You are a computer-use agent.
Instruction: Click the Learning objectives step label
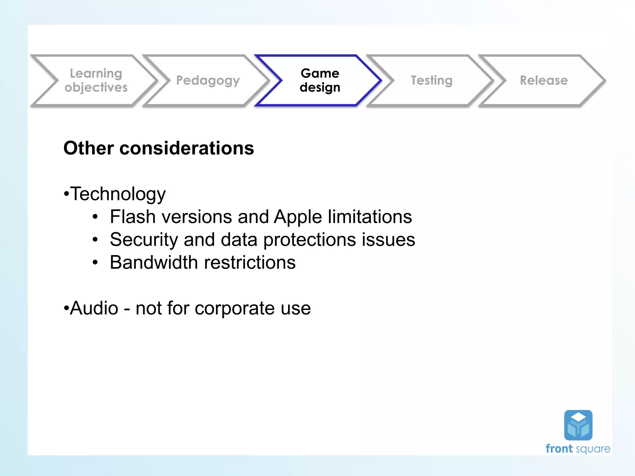point(96,80)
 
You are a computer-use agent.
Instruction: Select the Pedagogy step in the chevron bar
point(208,81)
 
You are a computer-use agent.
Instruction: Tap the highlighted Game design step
point(320,80)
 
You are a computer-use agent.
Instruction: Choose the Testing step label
point(432,80)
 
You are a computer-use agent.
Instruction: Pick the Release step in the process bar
point(544,80)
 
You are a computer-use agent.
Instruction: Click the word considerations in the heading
point(187,148)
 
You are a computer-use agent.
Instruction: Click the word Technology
point(118,194)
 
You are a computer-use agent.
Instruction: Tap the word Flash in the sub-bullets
point(133,217)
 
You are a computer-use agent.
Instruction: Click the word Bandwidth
point(154,262)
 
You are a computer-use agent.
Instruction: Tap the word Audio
point(94,308)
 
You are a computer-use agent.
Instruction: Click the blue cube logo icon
point(578,425)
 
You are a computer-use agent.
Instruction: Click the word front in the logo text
point(559,449)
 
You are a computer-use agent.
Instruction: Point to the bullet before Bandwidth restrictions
point(95,263)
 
